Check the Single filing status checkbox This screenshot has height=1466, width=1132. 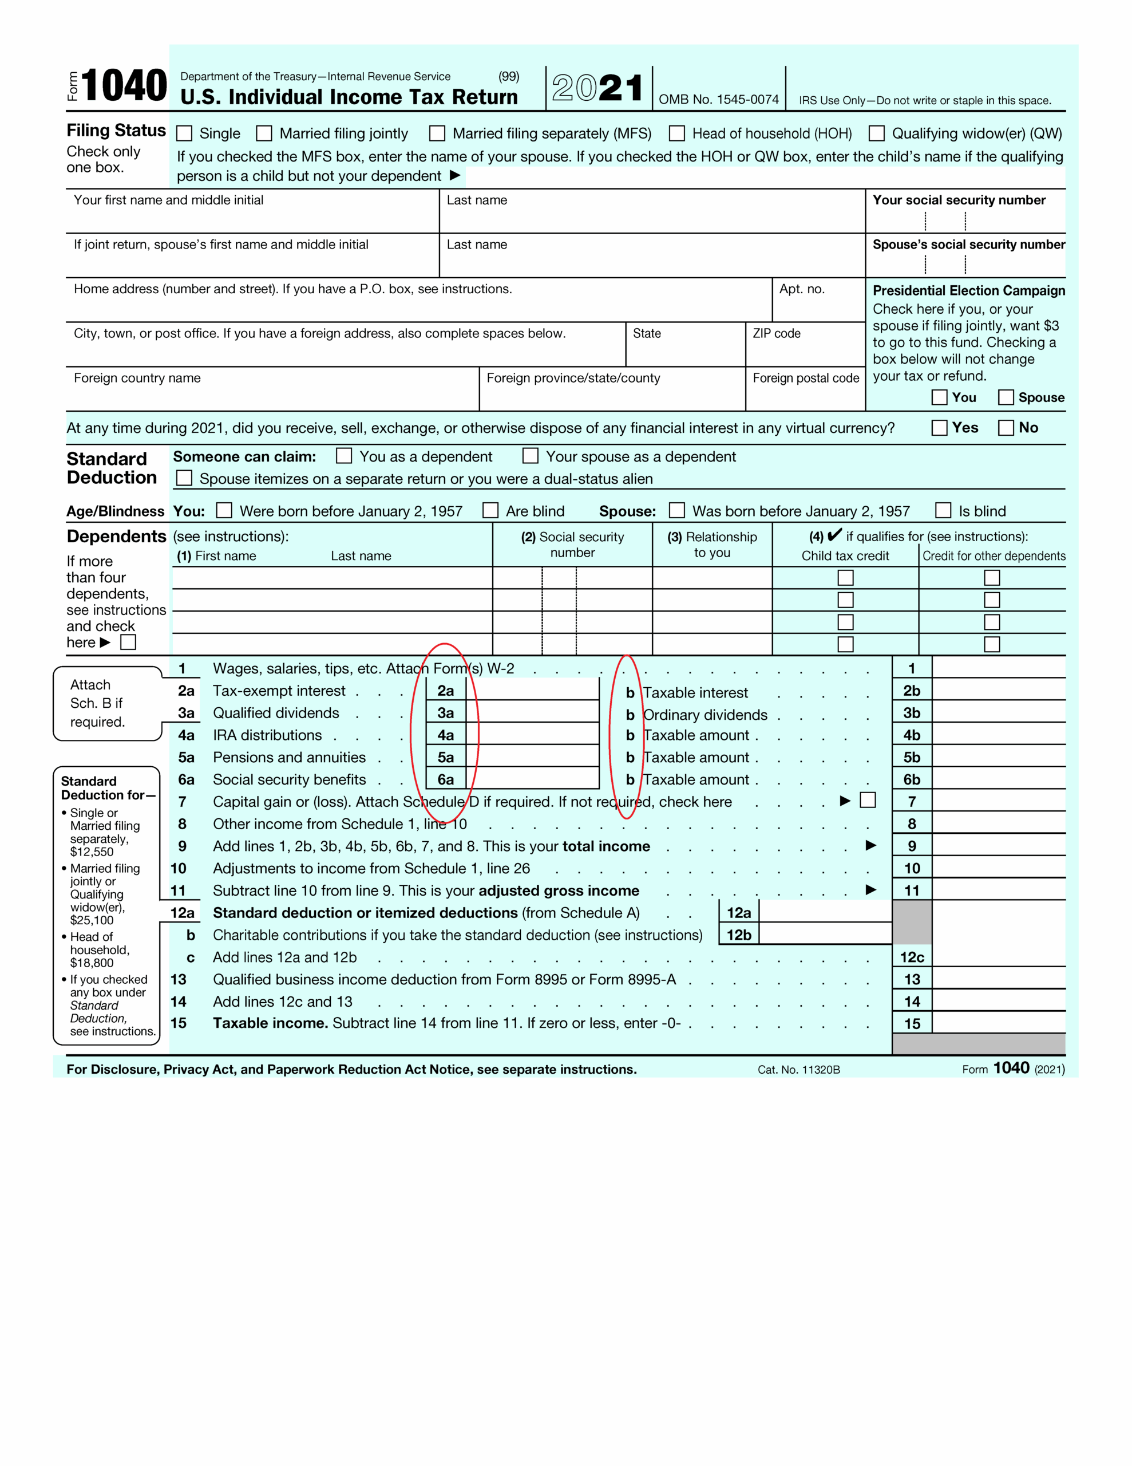point(184,133)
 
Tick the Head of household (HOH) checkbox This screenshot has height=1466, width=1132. point(677,133)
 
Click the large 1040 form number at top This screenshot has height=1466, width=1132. point(124,86)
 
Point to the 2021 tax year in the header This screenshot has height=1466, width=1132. point(597,88)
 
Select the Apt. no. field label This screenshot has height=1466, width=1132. point(802,289)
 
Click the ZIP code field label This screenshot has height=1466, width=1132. point(777,334)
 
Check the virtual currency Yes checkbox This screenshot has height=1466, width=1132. point(939,428)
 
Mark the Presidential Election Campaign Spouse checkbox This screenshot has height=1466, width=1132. point(1005,397)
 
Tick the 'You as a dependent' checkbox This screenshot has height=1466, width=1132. point(343,456)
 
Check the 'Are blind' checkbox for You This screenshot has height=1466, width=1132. point(490,511)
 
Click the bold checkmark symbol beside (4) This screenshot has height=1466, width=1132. point(834,535)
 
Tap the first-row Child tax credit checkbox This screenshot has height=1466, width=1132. point(845,577)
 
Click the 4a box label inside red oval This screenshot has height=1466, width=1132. point(446,735)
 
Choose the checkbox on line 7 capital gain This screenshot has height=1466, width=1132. point(868,800)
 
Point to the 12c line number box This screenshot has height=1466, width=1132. point(912,957)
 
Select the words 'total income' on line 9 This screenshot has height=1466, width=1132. point(606,846)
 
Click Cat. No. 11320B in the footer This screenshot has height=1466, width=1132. point(798,1070)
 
